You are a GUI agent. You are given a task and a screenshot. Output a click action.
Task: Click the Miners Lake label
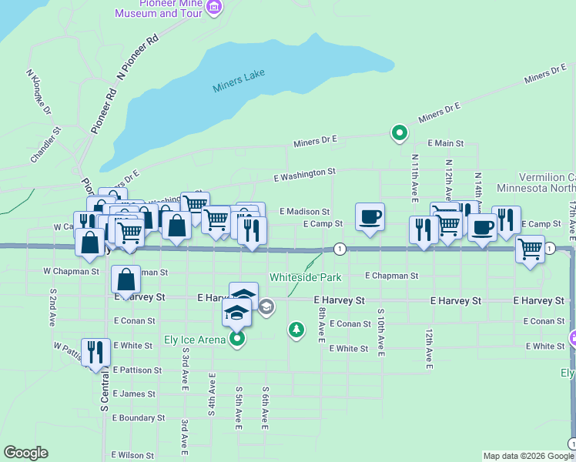pos(239,80)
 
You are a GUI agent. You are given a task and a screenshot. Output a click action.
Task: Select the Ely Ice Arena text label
pos(195,340)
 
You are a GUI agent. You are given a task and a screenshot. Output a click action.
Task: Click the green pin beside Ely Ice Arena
pos(238,338)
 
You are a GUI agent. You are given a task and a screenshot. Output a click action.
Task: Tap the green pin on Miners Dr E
pos(399,134)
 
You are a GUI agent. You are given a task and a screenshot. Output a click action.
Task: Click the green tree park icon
pos(296,330)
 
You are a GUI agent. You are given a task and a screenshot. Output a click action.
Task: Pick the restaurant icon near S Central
pos(95,353)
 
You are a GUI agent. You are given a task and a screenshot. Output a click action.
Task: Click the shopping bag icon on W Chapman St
pos(126,280)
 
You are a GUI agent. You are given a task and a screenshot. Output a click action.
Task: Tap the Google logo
pos(25,453)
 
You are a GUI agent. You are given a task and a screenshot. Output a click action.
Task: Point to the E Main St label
pos(446,143)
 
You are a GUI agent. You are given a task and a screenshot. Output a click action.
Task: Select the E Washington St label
pos(305,176)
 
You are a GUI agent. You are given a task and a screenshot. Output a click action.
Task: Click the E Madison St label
pos(304,211)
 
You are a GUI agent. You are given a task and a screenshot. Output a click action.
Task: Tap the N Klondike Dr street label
pos(39,93)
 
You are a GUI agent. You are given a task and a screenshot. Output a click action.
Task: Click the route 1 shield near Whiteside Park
pos(339,249)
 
